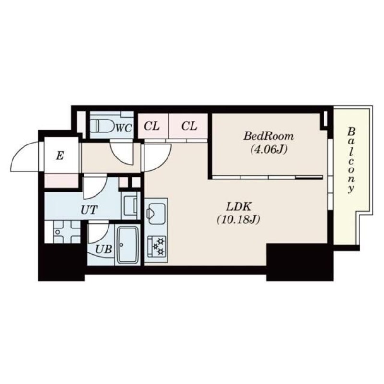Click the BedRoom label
point(268,136)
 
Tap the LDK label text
point(239,207)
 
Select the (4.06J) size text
point(268,149)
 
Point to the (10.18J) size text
point(238,220)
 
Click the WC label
point(124,128)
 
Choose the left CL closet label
point(152,126)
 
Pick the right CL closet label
point(189,126)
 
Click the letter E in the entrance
point(60,156)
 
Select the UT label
point(89,210)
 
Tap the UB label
point(104,250)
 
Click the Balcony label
point(351,160)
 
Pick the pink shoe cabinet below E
point(61,181)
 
